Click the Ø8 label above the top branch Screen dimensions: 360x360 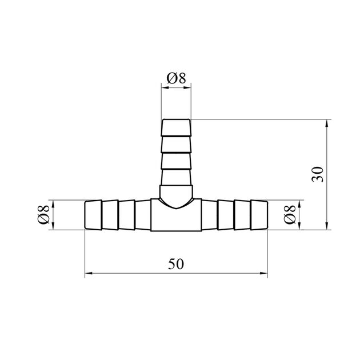(x=176, y=78)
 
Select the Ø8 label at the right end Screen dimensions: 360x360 (x=290, y=214)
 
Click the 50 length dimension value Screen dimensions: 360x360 (x=176, y=264)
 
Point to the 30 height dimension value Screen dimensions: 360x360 (x=318, y=174)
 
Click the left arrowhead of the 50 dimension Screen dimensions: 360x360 (x=89, y=273)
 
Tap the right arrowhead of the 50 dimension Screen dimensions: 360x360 (x=264, y=273)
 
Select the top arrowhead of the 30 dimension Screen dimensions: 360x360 (x=327, y=123)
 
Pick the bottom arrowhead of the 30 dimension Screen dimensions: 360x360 (x=327, y=226)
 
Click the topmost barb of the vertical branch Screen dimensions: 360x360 (x=176, y=127)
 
